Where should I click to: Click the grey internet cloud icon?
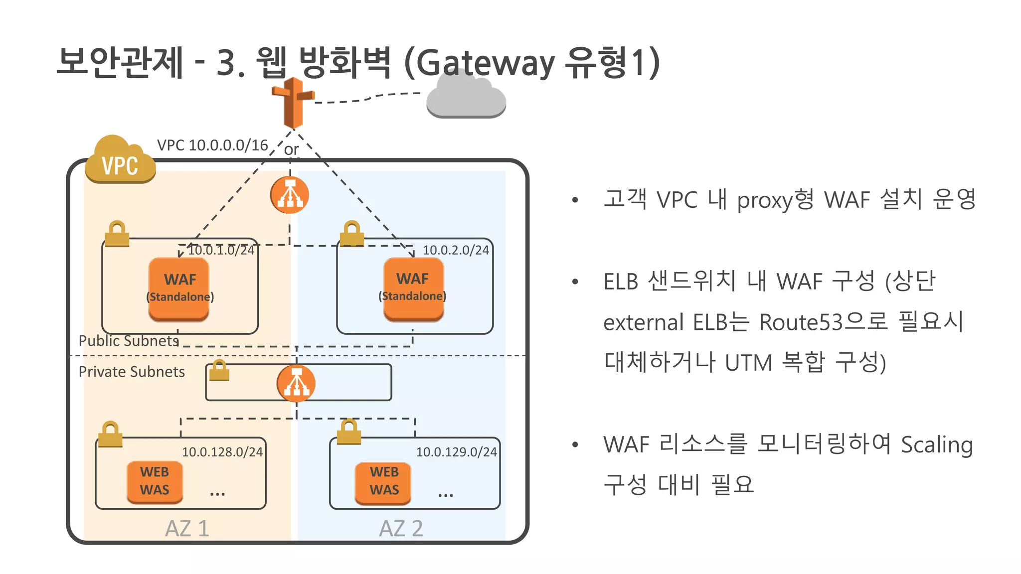pyautogui.click(x=466, y=97)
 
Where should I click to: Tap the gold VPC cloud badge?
pyautogui.click(x=120, y=162)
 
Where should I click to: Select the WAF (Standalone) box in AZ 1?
pyautogui.click(x=179, y=289)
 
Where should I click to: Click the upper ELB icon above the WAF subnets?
pyautogui.click(x=290, y=195)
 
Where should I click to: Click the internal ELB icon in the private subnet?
pyautogui.click(x=296, y=383)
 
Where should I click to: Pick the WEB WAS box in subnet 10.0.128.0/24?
pyautogui.click(x=155, y=481)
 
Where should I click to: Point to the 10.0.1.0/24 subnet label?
pyautogui.click(x=221, y=250)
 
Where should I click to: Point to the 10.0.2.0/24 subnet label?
pyautogui.click(x=456, y=250)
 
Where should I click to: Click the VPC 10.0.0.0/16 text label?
pyautogui.click(x=212, y=145)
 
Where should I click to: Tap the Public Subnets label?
pyautogui.click(x=129, y=341)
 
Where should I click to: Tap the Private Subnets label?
pyautogui.click(x=132, y=372)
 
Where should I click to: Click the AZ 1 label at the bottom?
pyautogui.click(x=187, y=529)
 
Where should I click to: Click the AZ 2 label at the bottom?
pyautogui.click(x=401, y=529)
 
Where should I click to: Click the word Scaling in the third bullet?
pyautogui.click(x=937, y=444)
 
